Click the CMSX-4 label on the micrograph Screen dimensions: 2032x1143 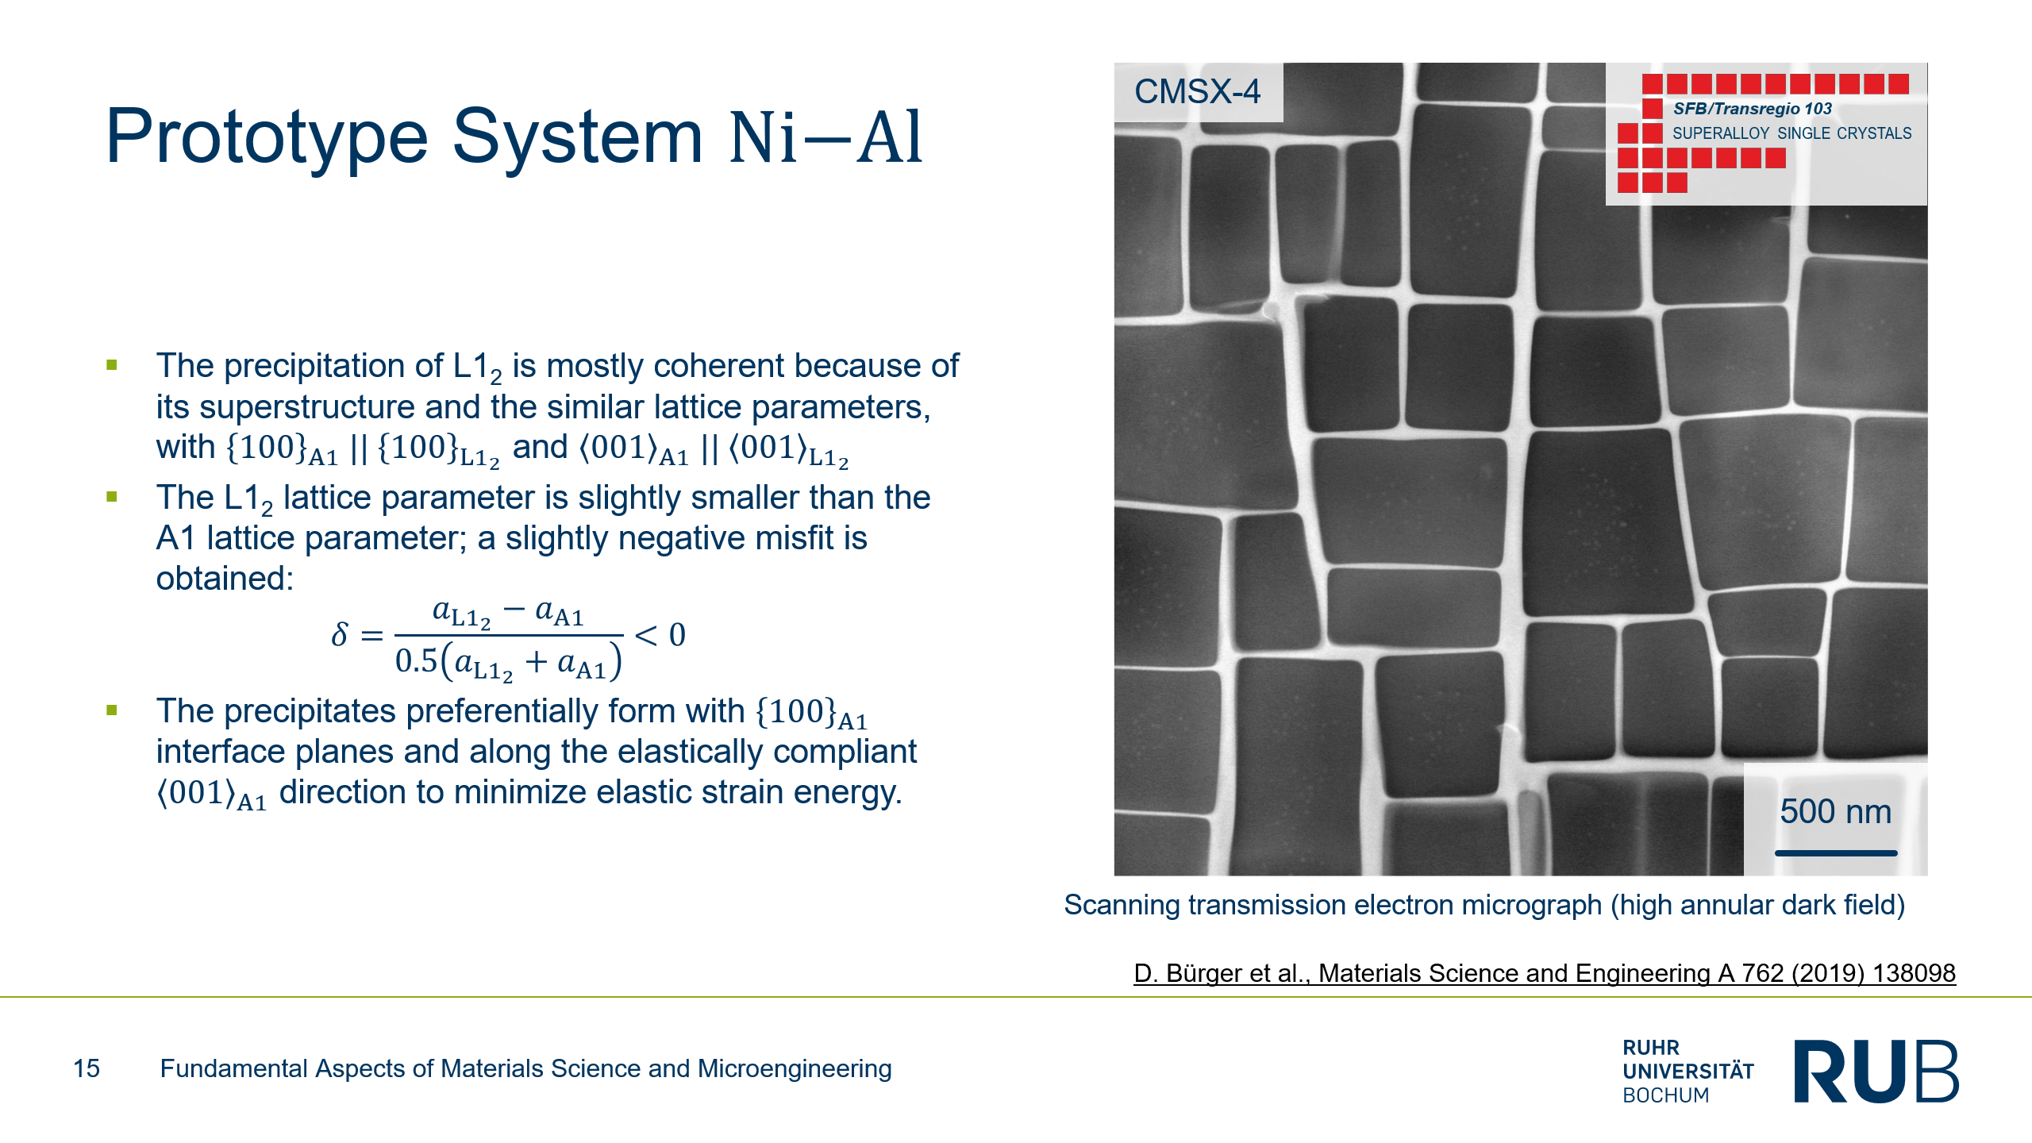click(1197, 91)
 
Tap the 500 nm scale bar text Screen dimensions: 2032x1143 click(1835, 811)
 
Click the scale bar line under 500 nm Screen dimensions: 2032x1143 click(1836, 853)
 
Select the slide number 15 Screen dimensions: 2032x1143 click(87, 1068)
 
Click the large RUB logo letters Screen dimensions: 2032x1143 click(1876, 1071)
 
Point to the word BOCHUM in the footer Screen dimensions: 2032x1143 click(1665, 1095)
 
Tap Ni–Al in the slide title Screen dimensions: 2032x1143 click(826, 137)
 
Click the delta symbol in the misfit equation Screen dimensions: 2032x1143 click(340, 634)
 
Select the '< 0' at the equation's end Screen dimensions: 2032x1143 click(660, 634)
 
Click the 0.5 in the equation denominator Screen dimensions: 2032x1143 click(417, 660)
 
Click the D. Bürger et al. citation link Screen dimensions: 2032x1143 click(1545, 973)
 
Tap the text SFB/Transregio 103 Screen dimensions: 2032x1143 click(1753, 109)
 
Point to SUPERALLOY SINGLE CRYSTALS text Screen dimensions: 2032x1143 click(1792, 133)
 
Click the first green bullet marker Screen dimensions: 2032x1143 click(112, 365)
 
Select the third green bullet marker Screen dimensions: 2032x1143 click(112, 710)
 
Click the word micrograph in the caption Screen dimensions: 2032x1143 click(1524, 906)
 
